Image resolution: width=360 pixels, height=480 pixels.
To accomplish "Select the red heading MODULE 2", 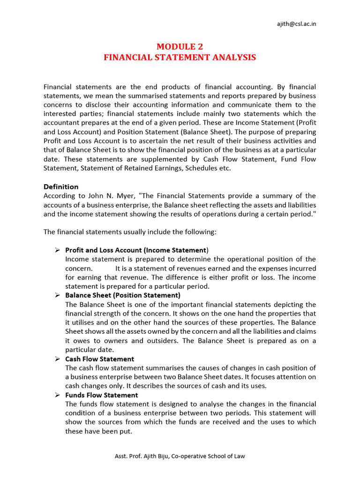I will pyautogui.click(x=180, y=46).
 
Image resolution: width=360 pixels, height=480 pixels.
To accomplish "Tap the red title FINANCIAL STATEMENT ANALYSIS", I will pyautogui.click(x=180, y=57).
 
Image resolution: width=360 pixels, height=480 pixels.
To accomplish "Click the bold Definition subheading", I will pyautogui.click(x=61, y=187).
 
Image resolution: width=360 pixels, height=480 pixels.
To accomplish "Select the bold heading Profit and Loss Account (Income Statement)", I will pyautogui.click(x=136, y=250).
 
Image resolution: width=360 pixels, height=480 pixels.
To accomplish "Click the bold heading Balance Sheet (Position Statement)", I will pyautogui.click(x=122, y=295).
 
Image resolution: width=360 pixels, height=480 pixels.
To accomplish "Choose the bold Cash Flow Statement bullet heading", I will pyautogui.click(x=99, y=359).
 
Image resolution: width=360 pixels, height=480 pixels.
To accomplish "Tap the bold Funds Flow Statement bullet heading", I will pyautogui.click(x=101, y=395).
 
